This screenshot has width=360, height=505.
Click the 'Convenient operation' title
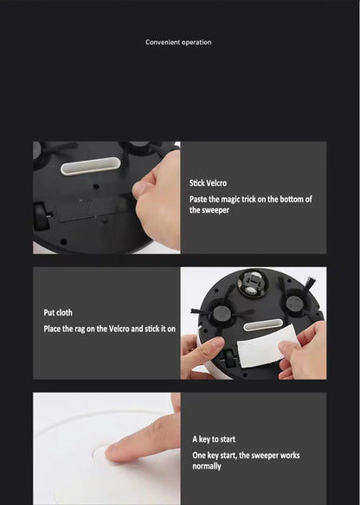[178, 42]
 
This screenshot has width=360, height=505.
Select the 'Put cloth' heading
[59, 312]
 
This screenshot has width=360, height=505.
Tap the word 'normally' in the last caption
[207, 466]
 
